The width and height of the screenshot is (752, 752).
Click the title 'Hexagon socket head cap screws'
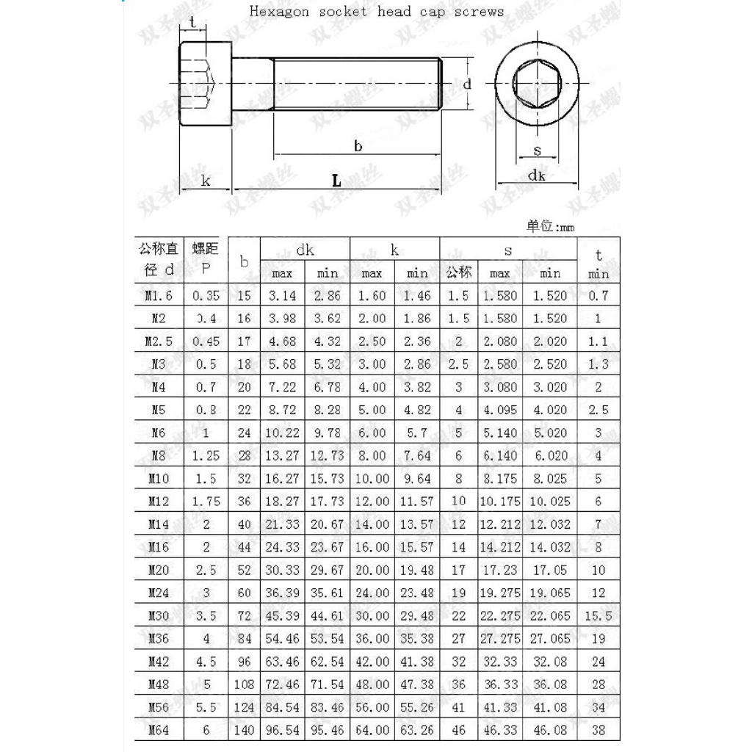pos(377,12)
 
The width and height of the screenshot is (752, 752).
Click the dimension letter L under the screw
pos(336,181)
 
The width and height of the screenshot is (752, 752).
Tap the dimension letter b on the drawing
pos(358,146)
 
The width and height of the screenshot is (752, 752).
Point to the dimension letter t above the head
pos(193,23)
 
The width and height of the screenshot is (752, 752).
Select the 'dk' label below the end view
pos(536,175)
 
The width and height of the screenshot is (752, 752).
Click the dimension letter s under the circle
pos(537,151)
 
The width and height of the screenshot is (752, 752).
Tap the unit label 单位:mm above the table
pos(551,226)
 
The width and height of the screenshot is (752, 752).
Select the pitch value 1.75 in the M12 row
pos(206,502)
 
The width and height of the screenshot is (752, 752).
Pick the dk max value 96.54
pos(282,730)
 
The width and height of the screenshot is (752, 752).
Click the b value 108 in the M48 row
pos(245,684)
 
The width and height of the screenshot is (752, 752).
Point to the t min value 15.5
pos(598,616)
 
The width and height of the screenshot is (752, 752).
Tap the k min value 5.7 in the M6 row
pos(417,433)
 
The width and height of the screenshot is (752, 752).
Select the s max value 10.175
pos(499,502)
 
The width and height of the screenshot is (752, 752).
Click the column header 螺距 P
pos(206,259)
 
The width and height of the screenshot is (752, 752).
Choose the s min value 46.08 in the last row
pos(550,730)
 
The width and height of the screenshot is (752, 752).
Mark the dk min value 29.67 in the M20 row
pos(327,570)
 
